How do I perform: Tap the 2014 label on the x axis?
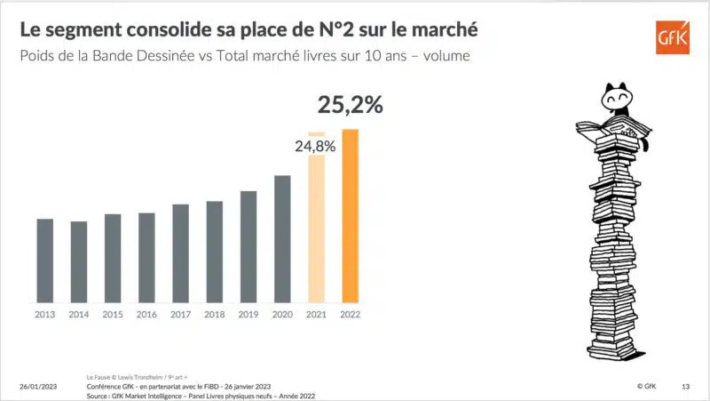pyautogui.click(x=79, y=314)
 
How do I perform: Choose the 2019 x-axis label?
pyautogui.click(x=248, y=314)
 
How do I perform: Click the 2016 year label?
pyautogui.click(x=147, y=314)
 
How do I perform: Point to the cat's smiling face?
pyautogui.click(x=614, y=96)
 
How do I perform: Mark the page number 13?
pyautogui.click(x=685, y=387)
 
